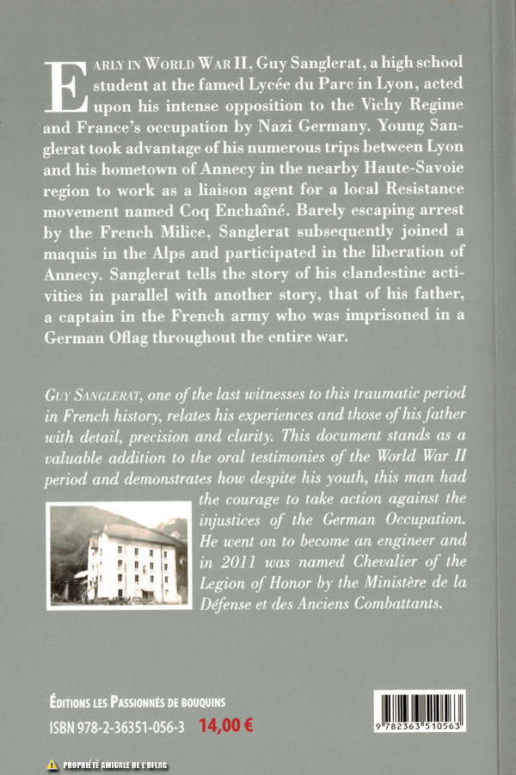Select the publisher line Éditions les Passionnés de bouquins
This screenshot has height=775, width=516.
coord(138,702)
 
